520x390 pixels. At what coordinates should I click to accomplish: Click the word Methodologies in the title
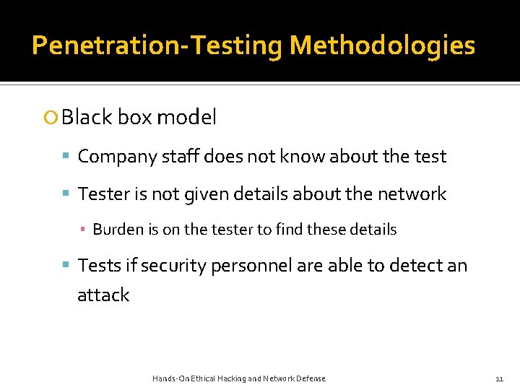(382, 45)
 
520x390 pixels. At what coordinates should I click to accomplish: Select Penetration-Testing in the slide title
(157, 45)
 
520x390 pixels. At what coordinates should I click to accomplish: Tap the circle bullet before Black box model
(51, 118)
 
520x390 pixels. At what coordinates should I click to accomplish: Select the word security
(174, 266)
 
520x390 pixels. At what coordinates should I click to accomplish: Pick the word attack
(103, 295)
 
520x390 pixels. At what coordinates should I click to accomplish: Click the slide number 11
(499, 378)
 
